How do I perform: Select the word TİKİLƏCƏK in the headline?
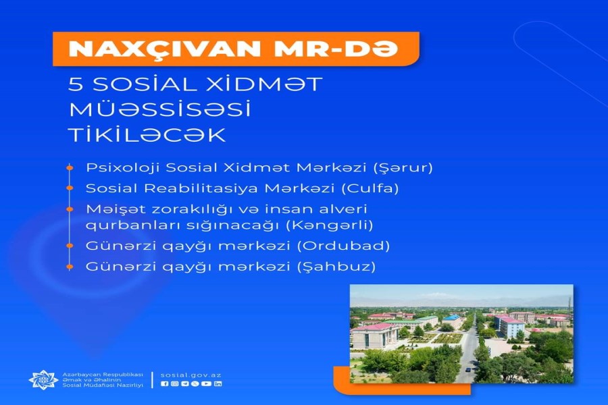[x=147, y=135]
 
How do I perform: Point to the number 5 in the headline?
[x=76, y=84]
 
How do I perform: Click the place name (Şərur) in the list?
[x=403, y=168]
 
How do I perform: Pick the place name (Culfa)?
[x=370, y=188]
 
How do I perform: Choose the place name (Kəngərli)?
[x=330, y=225]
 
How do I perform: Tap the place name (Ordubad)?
[x=344, y=246]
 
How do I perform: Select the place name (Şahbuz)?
[x=336, y=267]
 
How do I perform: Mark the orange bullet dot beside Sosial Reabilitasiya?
[x=70, y=188]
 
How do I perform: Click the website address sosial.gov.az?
[x=191, y=375]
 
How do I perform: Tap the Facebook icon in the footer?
[x=164, y=383]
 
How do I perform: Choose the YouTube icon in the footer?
[x=206, y=383]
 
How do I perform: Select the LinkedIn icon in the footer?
[x=218, y=383]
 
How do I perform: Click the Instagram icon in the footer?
[x=174, y=383]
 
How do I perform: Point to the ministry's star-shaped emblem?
[x=43, y=379]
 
